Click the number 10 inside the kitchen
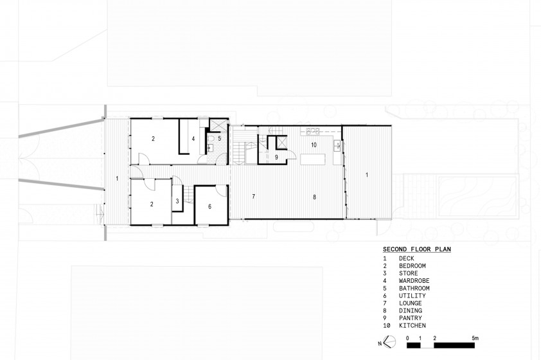point(314,145)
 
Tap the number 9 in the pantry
point(276,157)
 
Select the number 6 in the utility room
point(209,207)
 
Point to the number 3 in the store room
point(177,201)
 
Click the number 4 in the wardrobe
point(193,139)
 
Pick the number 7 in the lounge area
point(254,197)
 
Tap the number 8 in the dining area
point(314,197)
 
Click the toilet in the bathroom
point(211,138)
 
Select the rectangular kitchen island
point(313,159)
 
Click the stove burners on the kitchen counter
point(313,130)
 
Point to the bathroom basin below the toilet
point(210,148)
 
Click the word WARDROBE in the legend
point(414,281)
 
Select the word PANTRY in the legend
point(410,318)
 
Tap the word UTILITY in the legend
point(412,296)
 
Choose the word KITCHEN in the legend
point(412,325)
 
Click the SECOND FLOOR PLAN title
point(417,249)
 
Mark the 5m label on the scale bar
point(475,338)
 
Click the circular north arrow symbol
point(390,342)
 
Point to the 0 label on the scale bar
point(407,338)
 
